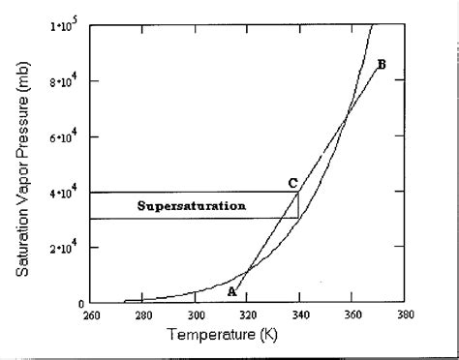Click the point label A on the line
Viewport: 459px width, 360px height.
click(231, 291)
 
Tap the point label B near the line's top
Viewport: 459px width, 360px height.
click(381, 65)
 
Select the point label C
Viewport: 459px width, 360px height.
click(291, 182)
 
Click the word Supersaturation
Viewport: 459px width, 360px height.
click(191, 205)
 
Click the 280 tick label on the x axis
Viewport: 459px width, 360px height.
click(142, 315)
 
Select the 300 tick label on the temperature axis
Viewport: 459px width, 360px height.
click(195, 315)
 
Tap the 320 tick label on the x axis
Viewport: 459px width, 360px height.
click(247, 315)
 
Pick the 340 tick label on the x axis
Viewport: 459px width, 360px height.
click(299, 315)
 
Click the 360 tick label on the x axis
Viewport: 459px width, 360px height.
click(352, 315)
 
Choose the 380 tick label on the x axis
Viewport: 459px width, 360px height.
click(404, 315)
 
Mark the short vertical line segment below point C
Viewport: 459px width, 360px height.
click(298, 205)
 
